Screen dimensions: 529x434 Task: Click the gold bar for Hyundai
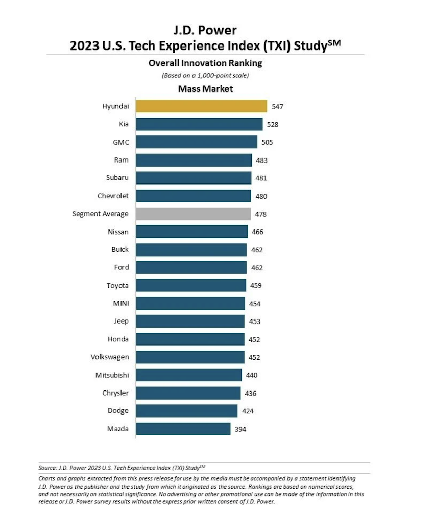tap(202, 106)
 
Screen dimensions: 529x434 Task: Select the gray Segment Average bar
tap(194, 214)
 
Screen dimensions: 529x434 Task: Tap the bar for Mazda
tap(183, 429)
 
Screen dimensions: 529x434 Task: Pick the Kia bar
tap(200, 124)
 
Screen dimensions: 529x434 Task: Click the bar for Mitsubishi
tap(189, 375)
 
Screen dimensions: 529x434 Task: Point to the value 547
tap(277, 107)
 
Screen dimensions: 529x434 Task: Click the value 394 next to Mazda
tap(240, 429)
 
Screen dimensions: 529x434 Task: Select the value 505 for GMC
tap(267, 143)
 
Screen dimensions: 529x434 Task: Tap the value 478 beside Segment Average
tap(260, 214)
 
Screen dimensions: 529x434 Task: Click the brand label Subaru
tap(116, 178)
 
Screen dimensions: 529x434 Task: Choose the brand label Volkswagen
tap(110, 357)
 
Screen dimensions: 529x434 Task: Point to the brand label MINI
tap(120, 304)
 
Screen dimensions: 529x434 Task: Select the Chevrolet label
tap(113, 196)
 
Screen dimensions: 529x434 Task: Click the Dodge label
tap(118, 411)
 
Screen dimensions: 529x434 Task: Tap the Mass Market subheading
tap(205, 89)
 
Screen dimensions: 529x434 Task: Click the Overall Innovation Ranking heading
tap(205, 63)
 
